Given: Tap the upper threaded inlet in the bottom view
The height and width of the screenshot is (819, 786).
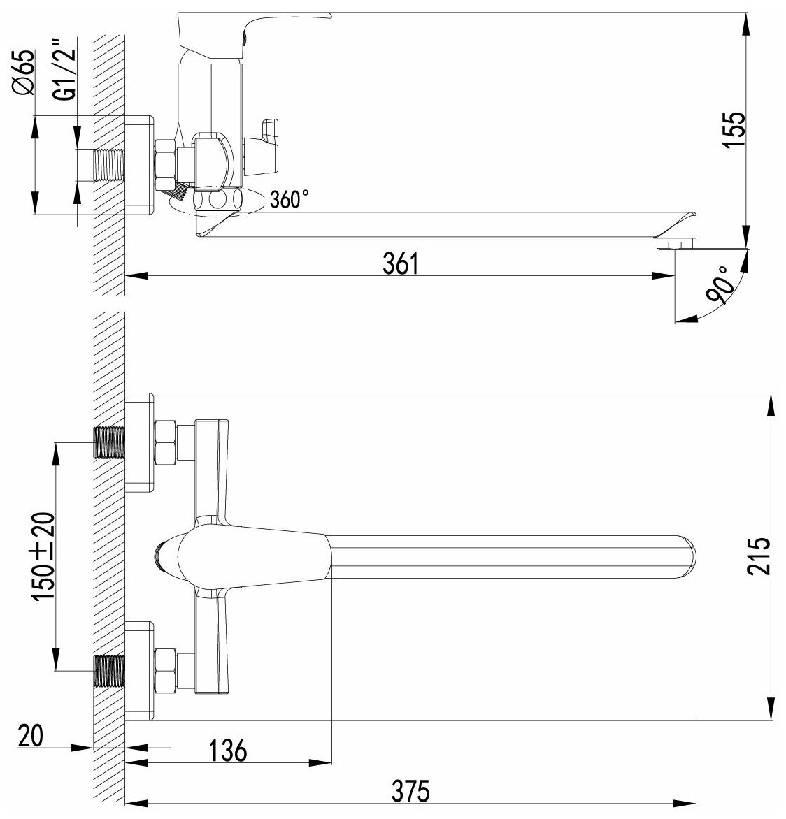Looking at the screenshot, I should pyautogui.click(x=108, y=442).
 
